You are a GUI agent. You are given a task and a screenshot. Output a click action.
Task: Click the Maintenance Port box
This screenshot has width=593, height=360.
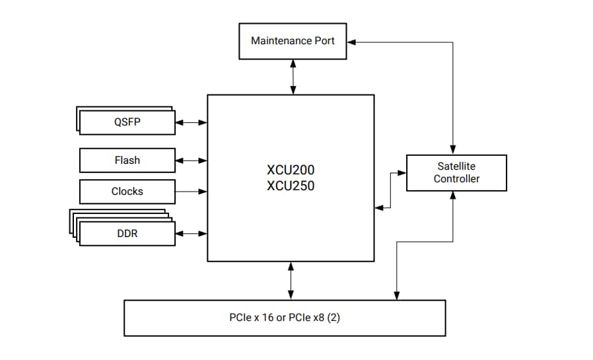click(293, 41)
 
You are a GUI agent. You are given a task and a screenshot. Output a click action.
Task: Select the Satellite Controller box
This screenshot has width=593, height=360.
click(456, 173)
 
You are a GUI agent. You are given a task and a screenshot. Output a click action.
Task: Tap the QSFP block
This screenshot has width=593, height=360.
click(127, 122)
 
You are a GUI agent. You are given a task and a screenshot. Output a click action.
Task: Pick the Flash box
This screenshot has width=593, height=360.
click(127, 160)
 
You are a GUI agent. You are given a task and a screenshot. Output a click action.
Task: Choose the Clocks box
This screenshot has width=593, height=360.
click(127, 192)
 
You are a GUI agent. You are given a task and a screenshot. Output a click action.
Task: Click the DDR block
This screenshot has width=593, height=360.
click(127, 233)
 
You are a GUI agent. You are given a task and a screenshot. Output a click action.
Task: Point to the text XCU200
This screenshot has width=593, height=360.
click(291, 169)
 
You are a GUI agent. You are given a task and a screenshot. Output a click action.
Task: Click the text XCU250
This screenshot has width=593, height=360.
click(291, 186)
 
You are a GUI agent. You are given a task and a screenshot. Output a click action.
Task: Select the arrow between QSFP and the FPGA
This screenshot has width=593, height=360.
click(192, 122)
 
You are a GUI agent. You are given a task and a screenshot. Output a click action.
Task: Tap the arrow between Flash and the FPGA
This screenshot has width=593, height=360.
click(192, 160)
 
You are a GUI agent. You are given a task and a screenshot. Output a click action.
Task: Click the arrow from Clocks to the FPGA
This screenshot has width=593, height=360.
click(192, 192)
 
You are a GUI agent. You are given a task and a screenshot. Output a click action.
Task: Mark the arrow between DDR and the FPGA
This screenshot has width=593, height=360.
click(192, 233)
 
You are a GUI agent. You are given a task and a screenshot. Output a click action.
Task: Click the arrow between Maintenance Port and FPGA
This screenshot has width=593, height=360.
click(293, 77)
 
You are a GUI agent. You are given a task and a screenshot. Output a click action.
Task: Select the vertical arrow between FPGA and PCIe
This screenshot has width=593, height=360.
click(291, 280)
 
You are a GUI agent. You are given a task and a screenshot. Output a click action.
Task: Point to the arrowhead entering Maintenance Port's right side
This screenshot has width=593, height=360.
click(351, 42)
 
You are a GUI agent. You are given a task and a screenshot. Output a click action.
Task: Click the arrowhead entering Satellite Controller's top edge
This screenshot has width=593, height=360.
click(453, 150)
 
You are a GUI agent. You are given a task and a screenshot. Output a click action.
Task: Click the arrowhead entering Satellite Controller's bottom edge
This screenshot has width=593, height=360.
click(453, 196)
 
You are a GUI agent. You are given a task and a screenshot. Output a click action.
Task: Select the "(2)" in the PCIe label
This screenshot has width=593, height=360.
click(333, 318)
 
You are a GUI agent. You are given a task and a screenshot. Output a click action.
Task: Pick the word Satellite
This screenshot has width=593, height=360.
click(456, 166)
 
